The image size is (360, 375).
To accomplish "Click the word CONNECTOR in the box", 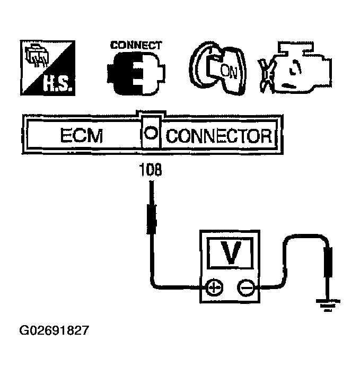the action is pyautogui.click(x=220, y=136).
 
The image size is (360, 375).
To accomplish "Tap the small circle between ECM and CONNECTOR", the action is pyautogui.click(x=151, y=134).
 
